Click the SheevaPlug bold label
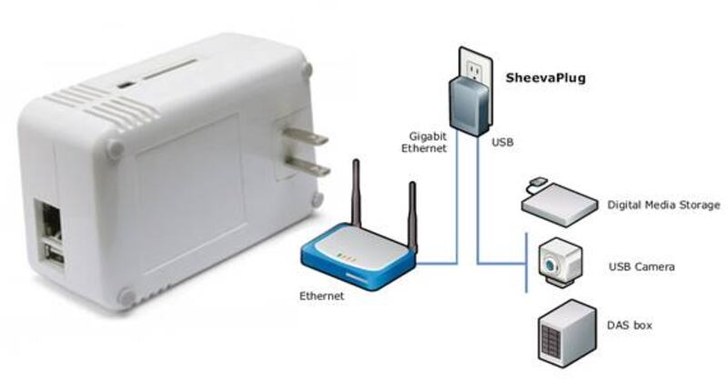[x=545, y=78]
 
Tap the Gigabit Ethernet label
[x=427, y=142]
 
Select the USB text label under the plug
[x=502, y=143]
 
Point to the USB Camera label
[x=641, y=267]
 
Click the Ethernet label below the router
[x=322, y=297]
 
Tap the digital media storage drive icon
[x=556, y=201]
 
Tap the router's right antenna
[x=412, y=215]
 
